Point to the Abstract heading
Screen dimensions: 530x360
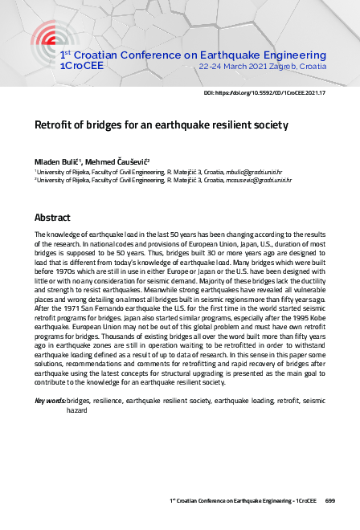point(52,218)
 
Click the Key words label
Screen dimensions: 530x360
point(49,400)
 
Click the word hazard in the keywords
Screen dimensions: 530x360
point(77,409)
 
